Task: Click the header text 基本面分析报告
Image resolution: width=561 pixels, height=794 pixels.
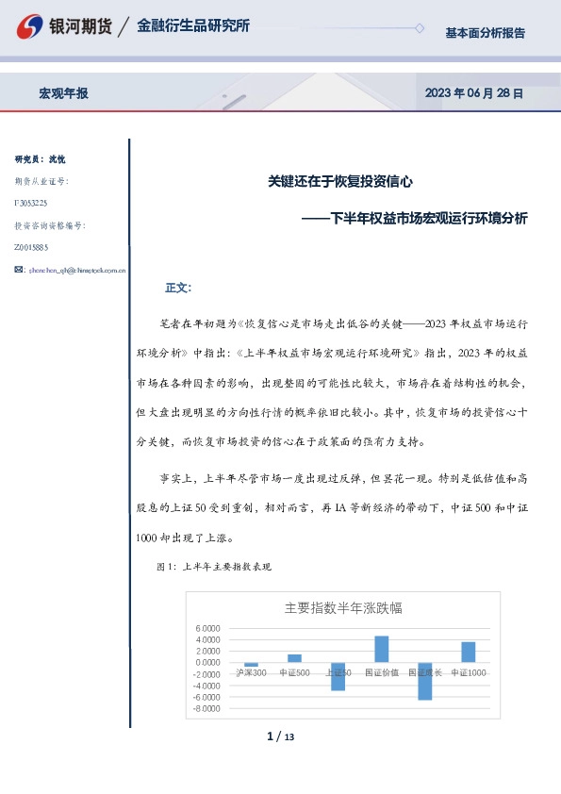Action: [x=485, y=33]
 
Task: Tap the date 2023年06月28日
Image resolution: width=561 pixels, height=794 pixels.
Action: [x=473, y=93]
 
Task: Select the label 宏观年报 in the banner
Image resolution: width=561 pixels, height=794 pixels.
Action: [x=63, y=93]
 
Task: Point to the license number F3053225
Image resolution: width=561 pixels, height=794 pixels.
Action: [x=32, y=203]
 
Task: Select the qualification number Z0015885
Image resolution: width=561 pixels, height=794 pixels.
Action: [x=32, y=247]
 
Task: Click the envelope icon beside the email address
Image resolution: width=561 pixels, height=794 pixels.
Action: [x=19, y=270]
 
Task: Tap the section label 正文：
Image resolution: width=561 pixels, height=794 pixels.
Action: [x=178, y=287]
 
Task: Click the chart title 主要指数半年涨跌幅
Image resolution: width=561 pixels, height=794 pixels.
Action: [x=343, y=608]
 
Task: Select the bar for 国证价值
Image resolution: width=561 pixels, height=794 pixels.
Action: [x=381, y=649]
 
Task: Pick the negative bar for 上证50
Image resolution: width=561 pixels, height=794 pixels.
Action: [x=338, y=676]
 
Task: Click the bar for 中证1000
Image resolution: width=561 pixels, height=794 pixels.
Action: [x=468, y=652]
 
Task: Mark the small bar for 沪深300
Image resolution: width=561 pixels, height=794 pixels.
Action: [x=251, y=665]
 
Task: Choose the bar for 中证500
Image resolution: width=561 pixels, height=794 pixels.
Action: [x=294, y=658]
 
